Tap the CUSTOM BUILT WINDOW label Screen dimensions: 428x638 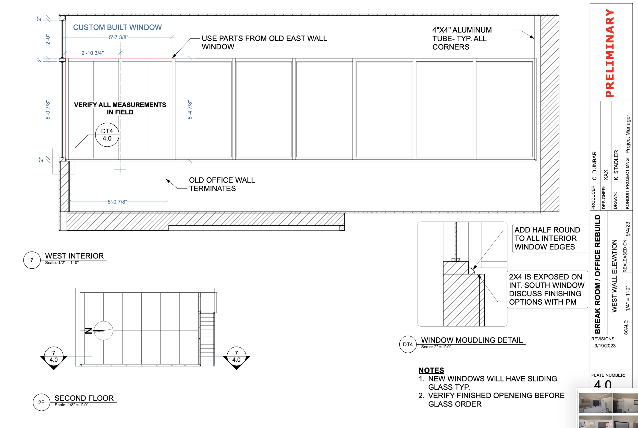click(117, 27)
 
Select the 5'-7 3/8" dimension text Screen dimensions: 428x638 click(118, 37)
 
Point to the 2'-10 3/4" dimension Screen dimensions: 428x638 click(92, 53)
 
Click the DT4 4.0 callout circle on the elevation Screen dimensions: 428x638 click(107, 135)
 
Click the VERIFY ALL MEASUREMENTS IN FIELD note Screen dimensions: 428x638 click(120, 108)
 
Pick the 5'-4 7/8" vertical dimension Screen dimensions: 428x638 click(190, 110)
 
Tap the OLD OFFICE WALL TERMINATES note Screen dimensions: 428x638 click(222, 184)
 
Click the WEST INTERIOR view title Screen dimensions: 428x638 click(74, 256)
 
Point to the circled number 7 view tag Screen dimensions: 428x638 click(32, 260)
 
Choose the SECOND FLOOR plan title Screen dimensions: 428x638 click(84, 398)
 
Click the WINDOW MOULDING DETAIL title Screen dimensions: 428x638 click(472, 340)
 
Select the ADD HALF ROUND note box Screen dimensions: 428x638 click(547, 238)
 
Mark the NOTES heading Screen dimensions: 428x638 click(431, 370)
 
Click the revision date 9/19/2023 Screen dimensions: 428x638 click(605, 346)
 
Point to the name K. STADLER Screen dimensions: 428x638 click(616, 165)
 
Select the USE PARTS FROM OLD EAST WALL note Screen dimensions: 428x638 click(264, 43)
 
